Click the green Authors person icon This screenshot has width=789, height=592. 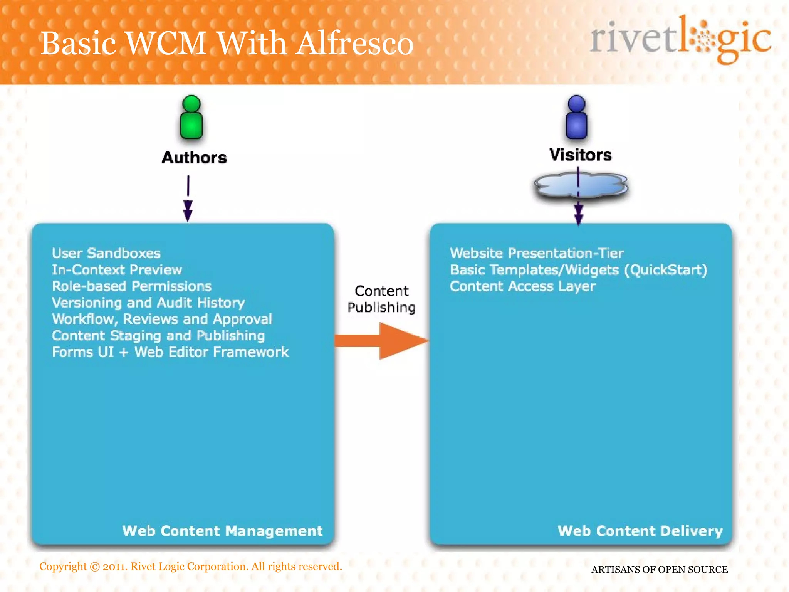pos(191,118)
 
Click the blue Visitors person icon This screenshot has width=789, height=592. pos(576,118)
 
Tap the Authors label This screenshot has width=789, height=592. pos(194,158)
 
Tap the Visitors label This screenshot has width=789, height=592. pos(581,155)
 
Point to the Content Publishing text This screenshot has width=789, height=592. pos(381,299)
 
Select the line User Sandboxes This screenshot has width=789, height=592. pos(106,253)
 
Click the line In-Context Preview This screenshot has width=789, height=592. pos(117,270)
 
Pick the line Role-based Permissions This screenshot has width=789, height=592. pos(132,286)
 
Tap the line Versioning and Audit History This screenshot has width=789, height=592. pos(148,303)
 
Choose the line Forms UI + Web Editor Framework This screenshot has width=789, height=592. pos(170,352)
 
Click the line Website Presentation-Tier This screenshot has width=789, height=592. pos(537,253)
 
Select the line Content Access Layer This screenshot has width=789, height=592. pos(523,286)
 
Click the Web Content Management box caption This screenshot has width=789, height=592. pos(222,531)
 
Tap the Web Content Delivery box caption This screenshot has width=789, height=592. pos(640,531)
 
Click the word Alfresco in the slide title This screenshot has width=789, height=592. pos(355,43)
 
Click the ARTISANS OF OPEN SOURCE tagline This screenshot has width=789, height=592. pos(659,569)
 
